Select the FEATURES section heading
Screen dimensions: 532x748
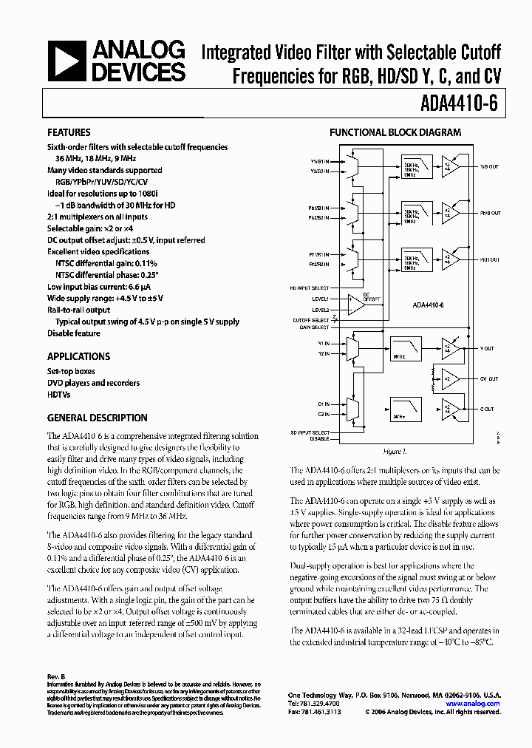click(x=69, y=132)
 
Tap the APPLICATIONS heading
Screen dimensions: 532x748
click(x=78, y=356)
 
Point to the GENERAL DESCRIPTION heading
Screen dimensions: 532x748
click(x=97, y=417)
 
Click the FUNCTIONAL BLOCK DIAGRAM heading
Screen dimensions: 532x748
click(x=395, y=132)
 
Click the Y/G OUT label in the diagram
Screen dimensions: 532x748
click(x=489, y=166)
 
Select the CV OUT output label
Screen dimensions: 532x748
click(x=489, y=378)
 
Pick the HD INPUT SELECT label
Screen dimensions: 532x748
click(x=309, y=287)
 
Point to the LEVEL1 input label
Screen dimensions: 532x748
click(x=320, y=299)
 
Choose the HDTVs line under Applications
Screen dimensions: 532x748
click(x=60, y=394)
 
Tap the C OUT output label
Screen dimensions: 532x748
click(x=487, y=409)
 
